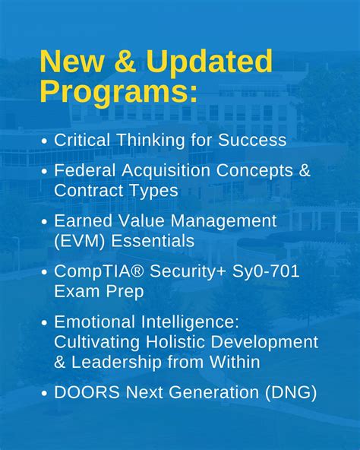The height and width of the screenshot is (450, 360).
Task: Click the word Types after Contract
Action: (153, 191)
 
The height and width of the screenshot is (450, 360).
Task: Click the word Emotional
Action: (95, 322)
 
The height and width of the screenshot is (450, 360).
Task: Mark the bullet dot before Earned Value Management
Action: (45, 222)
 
